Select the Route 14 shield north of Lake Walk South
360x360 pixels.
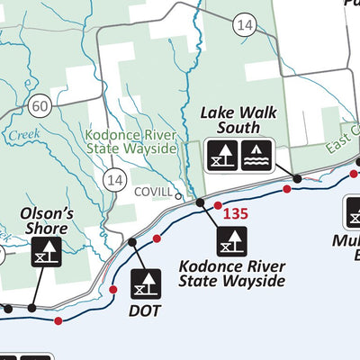(244, 27)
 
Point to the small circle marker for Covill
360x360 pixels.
(179, 195)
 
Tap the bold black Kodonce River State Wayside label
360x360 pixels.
(232, 274)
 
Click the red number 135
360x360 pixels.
(235, 214)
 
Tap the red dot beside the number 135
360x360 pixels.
(218, 206)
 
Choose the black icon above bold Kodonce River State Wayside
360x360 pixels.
(231, 239)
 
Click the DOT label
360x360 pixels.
(145, 310)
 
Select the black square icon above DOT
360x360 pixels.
(145, 283)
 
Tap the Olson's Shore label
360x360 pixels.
(46, 221)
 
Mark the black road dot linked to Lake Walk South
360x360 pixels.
(297, 179)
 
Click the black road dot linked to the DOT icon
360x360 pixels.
(132, 242)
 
